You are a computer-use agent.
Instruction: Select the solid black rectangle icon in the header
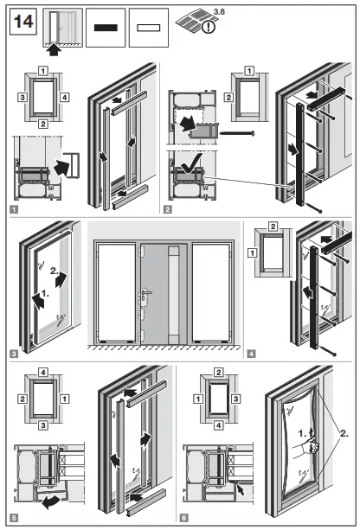click(106, 27)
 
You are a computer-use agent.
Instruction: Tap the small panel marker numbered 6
click(184, 517)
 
